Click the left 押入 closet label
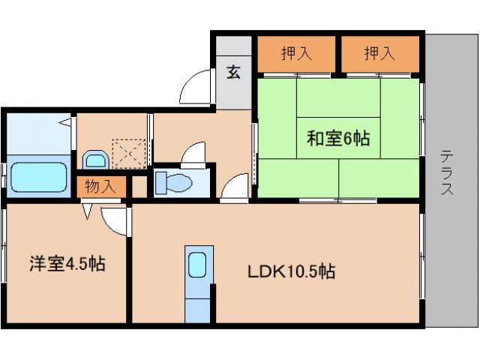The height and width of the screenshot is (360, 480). coord(297,53)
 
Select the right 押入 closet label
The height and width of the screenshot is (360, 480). coord(379,53)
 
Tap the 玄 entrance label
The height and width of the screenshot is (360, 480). coord(234,73)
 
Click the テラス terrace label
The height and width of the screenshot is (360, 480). coord(447,173)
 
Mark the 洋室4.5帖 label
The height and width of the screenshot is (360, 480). coord(67,265)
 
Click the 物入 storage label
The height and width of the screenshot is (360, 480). coord(99,187)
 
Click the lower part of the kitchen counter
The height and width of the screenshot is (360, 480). coord(198,306)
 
